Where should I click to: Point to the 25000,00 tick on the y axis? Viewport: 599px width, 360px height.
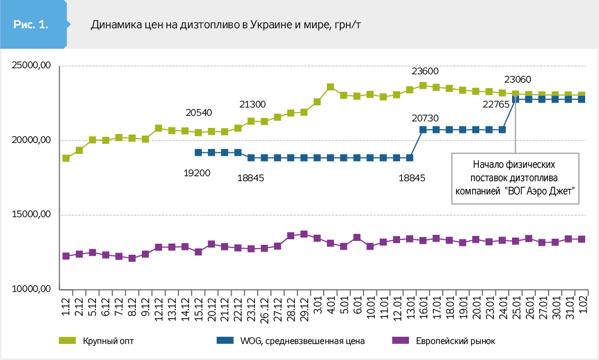31,66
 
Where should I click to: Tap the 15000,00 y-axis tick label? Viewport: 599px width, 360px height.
31,215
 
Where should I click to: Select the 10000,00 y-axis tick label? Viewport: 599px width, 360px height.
31,289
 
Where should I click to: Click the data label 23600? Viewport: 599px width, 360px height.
425,71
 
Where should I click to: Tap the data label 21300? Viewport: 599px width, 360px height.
252,104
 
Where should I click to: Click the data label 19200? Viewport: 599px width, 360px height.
197,172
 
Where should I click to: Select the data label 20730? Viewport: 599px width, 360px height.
425,117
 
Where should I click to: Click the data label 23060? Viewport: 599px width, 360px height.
518,79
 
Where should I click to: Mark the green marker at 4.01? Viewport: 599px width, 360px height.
330,87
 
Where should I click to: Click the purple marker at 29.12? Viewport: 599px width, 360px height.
304,234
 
